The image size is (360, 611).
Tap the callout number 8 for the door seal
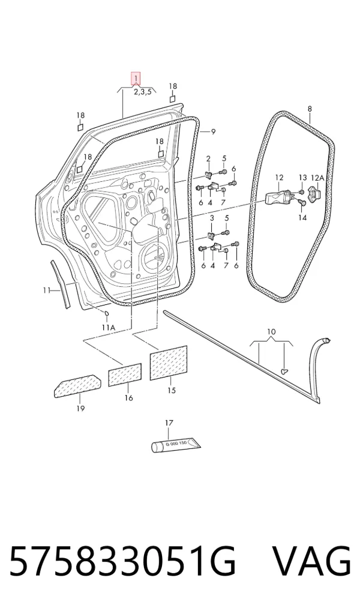[310, 109]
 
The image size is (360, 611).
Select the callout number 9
[213, 132]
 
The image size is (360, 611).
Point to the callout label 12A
[317, 178]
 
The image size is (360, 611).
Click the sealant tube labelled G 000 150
[176, 445]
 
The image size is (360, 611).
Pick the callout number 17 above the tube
[169, 423]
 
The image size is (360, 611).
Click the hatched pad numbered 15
[169, 363]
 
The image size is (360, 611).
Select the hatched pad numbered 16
[125, 375]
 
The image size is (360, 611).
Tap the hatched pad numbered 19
[77, 386]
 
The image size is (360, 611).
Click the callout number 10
[272, 332]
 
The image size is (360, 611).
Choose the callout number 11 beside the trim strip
[47, 290]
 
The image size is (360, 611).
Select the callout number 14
[302, 218]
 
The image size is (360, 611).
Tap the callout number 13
[303, 178]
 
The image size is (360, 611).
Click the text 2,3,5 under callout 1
[143, 92]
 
